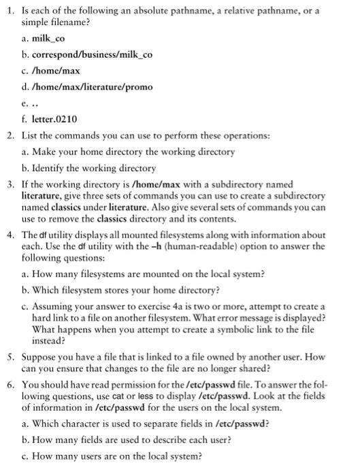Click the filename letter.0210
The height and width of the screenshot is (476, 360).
[60, 118]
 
